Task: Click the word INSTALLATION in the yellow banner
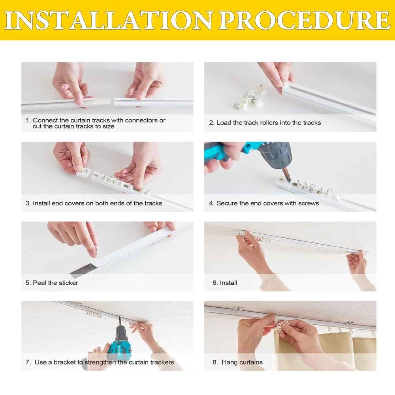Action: point(108,21)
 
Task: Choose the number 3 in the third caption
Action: point(27,203)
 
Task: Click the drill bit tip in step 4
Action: point(289,180)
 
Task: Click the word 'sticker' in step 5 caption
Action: point(68,283)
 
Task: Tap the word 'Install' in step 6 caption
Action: point(228,283)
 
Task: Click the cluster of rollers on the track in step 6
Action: point(263,239)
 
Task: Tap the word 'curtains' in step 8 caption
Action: point(251,362)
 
